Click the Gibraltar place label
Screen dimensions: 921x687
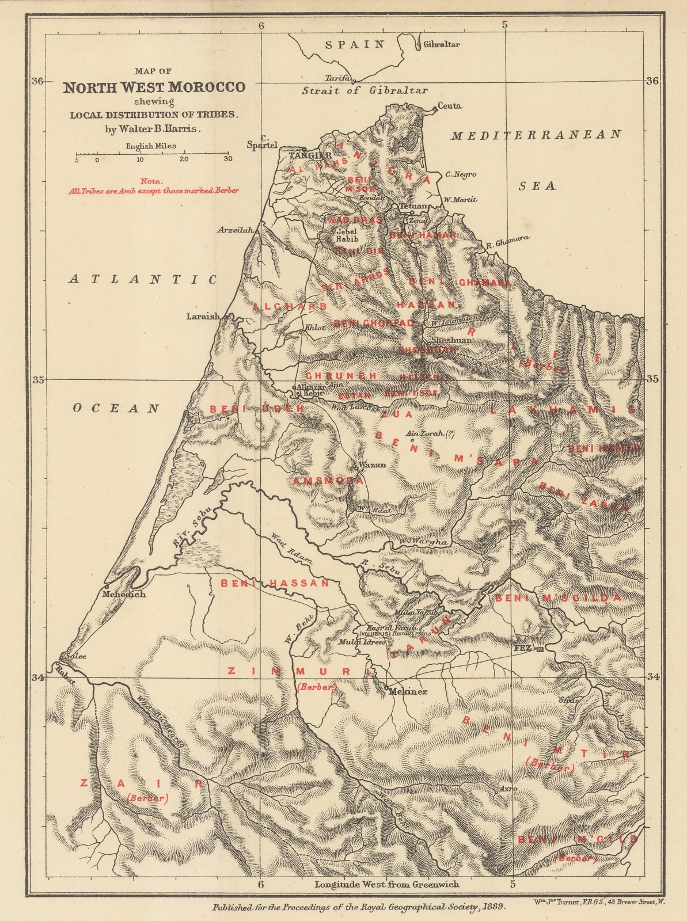coord(442,44)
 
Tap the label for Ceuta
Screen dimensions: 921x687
coord(450,106)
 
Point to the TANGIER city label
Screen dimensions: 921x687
coord(310,156)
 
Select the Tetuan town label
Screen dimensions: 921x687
coord(413,206)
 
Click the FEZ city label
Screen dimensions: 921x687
coord(522,648)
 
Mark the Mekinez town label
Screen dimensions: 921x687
coord(408,691)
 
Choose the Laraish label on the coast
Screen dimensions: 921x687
coord(203,316)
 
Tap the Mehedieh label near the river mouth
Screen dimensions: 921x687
coord(124,594)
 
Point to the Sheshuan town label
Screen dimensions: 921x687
coord(451,340)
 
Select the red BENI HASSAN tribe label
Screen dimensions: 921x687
coord(275,583)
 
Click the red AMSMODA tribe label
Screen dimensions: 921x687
coord(328,480)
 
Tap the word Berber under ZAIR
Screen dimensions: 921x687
coord(148,798)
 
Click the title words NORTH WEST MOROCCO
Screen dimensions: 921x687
coord(154,87)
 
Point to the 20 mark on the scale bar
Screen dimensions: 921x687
coord(184,159)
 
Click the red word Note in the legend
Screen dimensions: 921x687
coord(151,181)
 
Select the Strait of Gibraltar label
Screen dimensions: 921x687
coord(365,90)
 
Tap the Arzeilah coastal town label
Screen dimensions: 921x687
coord(235,230)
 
